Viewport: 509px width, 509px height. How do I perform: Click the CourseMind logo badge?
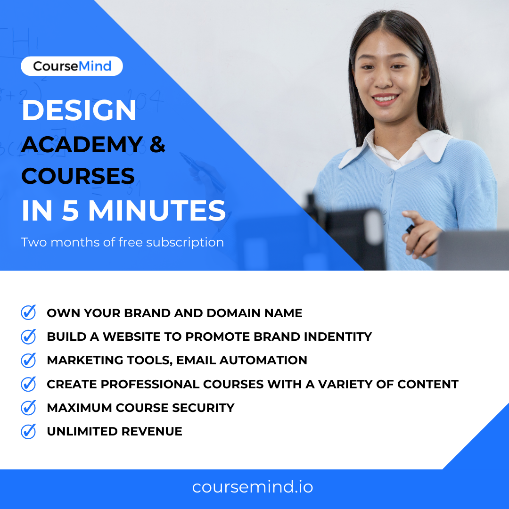pos(72,66)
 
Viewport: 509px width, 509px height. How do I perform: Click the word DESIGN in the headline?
pos(79,111)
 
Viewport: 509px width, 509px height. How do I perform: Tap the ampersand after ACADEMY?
pos(157,144)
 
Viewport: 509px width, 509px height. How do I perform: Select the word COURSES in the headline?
pos(78,176)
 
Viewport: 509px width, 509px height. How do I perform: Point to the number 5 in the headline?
pos(69,211)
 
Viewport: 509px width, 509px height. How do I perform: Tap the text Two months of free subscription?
pos(122,242)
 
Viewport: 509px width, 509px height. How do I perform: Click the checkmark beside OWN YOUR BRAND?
pos(29,312)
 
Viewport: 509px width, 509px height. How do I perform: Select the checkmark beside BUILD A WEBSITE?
pos(29,336)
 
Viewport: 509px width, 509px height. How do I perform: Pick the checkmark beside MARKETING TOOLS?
pos(29,360)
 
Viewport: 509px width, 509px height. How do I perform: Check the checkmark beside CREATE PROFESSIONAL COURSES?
pos(29,384)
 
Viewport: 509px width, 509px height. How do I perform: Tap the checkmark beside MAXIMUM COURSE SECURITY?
pos(29,408)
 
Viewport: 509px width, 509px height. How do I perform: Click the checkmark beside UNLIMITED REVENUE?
pos(29,431)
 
